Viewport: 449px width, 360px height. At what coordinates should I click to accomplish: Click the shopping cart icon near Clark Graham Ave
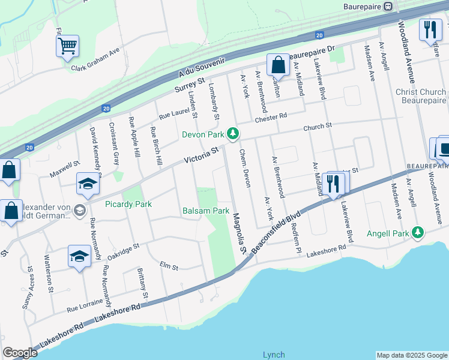tap(67, 46)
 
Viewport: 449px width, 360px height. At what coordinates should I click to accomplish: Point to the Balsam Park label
tap(206, 211)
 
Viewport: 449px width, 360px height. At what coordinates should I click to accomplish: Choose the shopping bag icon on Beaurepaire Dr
tap(278, 64)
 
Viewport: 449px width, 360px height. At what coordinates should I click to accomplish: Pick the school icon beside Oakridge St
tap(79, 256)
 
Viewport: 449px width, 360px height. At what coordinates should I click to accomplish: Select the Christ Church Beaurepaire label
tap(421, 97)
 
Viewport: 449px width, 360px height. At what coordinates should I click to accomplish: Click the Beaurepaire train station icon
tap(388, 6)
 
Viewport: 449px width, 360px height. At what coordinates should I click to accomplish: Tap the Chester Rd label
tap(271, 117)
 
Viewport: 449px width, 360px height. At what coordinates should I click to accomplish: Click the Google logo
tap(20, 353)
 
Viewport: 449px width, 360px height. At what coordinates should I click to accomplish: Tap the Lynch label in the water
tap(274, 355)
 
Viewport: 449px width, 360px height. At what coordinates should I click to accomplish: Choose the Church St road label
tap(317, 127)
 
